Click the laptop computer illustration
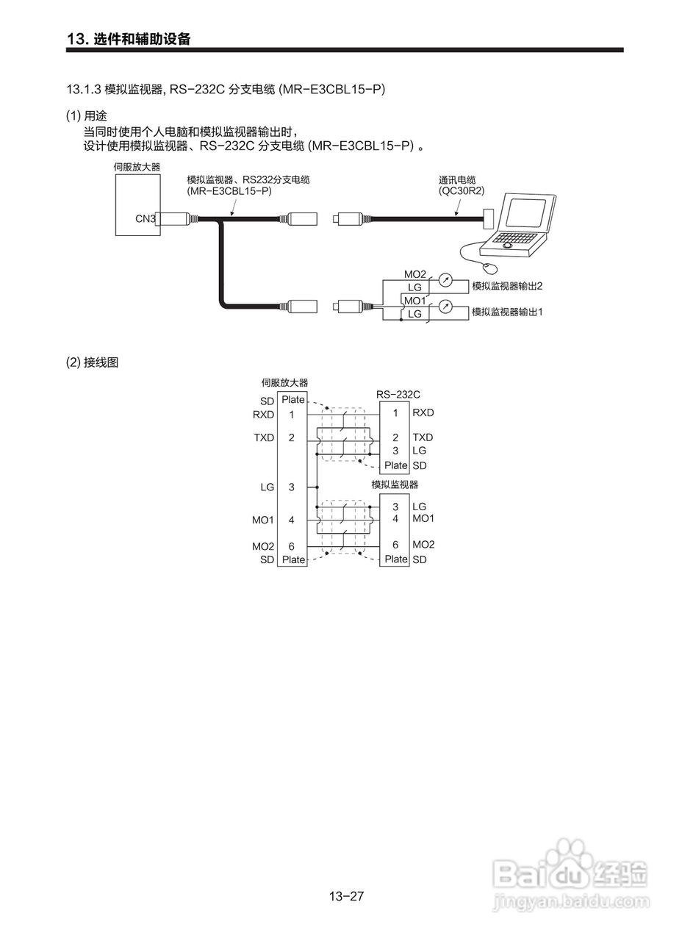click(523, 223)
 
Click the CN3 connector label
click(146, 218)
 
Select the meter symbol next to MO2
click(445, 279)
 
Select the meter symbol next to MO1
click(445, 307)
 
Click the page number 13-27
click(347, 896)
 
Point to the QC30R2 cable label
click(462, 190)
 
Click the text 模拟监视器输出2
click(507, 285)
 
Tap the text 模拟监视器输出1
click(507, 312)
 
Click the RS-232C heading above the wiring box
click(398, 395)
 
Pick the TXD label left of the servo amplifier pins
click(263, 437)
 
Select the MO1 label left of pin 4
click(262, 520)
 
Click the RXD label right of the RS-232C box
click(423, 413)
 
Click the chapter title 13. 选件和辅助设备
click(129, 39)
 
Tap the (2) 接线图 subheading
click(92, 362)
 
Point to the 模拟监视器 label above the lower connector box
click(395, 484)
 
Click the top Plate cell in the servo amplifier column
click(293, 399)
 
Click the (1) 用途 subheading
click(87, 116)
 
